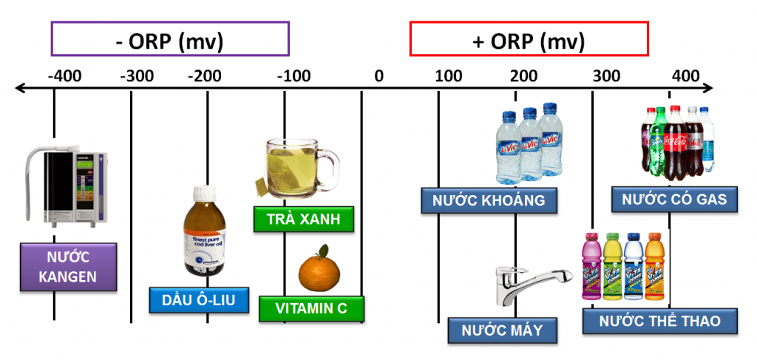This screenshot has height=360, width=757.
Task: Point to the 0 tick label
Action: click(378, 75)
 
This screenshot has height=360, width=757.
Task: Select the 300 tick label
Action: click(607, 75)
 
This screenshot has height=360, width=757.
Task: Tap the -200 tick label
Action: click(205, 75)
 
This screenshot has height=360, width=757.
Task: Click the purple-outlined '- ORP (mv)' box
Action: click(170, 39)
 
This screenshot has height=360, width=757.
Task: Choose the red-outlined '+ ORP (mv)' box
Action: click(529, 39)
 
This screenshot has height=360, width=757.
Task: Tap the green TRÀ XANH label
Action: click(303, 220)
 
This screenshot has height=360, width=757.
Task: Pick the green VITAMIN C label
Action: click(312, 309)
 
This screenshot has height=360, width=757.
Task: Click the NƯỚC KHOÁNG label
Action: click(489, 200)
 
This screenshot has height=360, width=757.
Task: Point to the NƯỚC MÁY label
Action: click(502, 330)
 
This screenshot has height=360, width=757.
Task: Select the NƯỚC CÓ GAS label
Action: click(674, 200)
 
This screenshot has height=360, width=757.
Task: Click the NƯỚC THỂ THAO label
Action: click(661, 322)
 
